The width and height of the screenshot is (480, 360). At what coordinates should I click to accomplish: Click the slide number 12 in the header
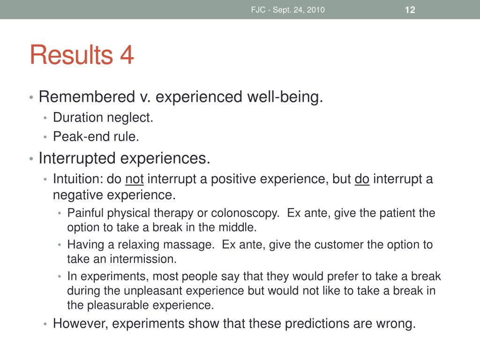coord(410,10)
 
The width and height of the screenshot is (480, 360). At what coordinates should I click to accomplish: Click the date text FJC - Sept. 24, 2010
coord(288,10)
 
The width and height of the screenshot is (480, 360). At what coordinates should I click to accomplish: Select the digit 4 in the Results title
coord(127,55)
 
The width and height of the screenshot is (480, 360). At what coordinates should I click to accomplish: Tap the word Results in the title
coord(72,55)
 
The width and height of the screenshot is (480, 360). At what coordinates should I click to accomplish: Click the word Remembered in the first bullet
coord(87,97)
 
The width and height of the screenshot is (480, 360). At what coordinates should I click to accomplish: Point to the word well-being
coord(285,97)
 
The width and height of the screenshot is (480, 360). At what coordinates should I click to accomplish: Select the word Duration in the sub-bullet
coord(78,118)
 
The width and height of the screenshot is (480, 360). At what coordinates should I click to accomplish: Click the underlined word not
coord(135,179)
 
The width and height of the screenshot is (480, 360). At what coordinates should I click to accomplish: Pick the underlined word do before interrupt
coord(362,179)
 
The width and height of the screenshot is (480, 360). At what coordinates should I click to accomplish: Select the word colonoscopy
coord(245,213)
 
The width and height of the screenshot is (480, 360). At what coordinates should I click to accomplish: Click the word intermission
coord(143,259)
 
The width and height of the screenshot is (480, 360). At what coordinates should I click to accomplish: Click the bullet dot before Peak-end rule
coord(45,137)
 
